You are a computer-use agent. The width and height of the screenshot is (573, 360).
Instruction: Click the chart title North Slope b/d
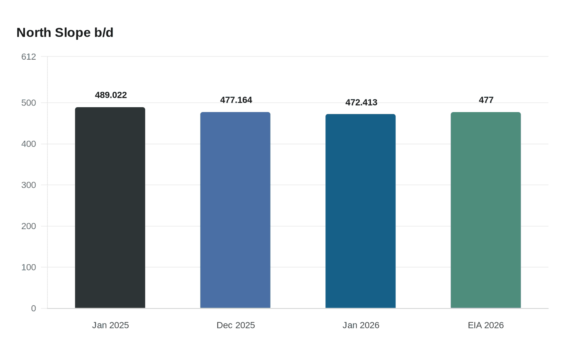point(65,33)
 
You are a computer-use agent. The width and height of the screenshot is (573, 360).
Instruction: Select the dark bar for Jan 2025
point(110,208)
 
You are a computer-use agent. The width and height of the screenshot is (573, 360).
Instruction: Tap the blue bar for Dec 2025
point(235,210)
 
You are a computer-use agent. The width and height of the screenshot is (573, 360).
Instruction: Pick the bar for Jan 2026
point(361,211)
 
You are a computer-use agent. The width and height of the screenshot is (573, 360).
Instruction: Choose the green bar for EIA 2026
point(486,210)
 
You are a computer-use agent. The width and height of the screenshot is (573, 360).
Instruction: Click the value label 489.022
point(111,95)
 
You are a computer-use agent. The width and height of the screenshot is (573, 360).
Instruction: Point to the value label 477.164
point(236,100)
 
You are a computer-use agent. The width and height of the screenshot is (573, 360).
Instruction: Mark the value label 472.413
point(361,103)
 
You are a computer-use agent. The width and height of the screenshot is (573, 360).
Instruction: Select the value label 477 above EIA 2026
point(486,100)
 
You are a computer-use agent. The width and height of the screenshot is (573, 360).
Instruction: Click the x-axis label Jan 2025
point(111,325)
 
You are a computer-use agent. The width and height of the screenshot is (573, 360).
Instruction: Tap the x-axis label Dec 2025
point(236,325)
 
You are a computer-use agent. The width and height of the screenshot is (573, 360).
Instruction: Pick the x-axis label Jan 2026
point(361,325)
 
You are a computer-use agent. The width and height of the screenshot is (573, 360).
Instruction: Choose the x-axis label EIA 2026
point(486,325)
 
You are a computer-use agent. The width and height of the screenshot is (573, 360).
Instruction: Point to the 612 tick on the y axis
point(29,57)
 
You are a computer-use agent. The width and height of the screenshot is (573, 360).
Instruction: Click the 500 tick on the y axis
point(29,103)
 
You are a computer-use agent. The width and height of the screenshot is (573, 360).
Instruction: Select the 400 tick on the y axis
point(29,144)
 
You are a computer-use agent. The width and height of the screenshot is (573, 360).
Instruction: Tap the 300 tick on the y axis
point(29,185)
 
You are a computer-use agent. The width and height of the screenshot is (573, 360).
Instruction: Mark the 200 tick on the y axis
point(29,226)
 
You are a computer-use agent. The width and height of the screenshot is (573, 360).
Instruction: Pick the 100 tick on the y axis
point(29,267)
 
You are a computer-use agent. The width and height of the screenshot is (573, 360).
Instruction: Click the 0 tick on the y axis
point(34,308)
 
